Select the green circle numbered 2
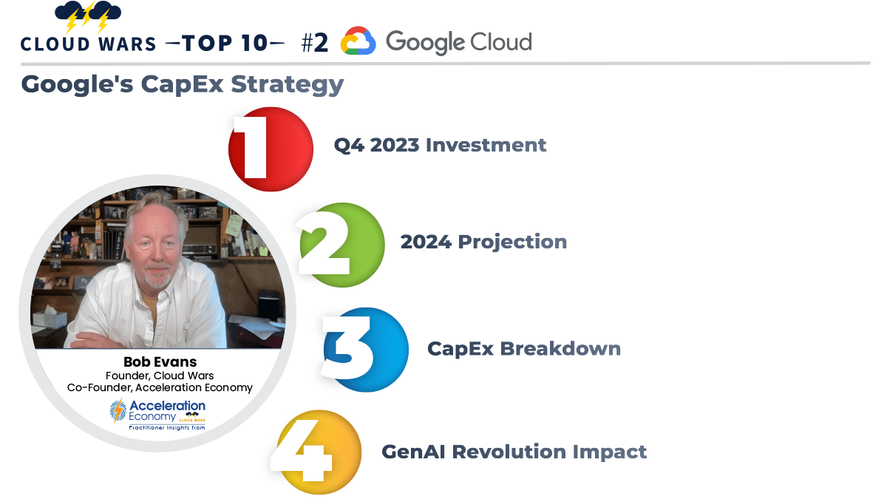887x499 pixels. coord(341,244)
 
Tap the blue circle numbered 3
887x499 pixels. coord(365,349)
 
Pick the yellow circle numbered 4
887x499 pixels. coord(318,452)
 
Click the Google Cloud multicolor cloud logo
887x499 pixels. coord(358,42)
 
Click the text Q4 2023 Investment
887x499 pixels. coord(440,145)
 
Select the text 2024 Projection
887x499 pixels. coord(483,242)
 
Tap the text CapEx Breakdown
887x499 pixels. coord(523,348)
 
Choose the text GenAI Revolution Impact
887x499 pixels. coord(514,451)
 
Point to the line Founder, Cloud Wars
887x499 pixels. coord(159,376)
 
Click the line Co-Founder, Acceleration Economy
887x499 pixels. coord(160,387)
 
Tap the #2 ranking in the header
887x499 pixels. coord(314,43)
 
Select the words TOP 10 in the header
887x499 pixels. coord(225,43)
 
